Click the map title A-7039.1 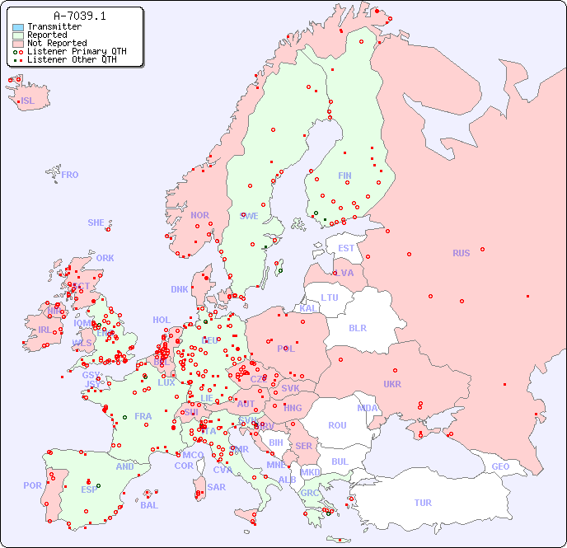79,16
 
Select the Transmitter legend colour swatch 18,27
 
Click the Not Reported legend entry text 57,44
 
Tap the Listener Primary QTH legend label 77,52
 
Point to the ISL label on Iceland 28,101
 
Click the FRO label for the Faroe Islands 70,175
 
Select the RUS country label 461,253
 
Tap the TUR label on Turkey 423,503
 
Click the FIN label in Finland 344,176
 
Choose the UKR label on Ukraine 392,384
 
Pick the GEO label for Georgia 500,466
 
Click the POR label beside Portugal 32,485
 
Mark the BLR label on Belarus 357,327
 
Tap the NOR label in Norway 199,215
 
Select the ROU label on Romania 337,425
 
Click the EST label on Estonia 346,248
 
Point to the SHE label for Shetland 96,222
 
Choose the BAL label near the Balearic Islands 149,505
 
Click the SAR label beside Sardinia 216,487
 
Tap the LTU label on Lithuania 330,297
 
